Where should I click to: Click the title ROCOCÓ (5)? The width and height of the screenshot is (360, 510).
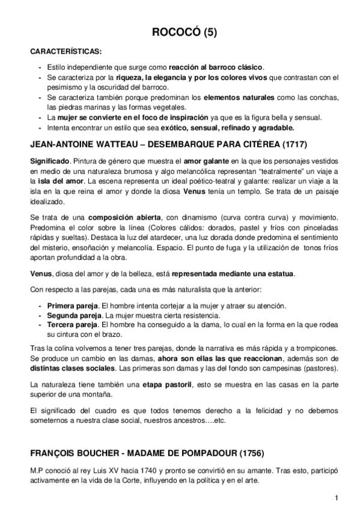[x=180, y=34]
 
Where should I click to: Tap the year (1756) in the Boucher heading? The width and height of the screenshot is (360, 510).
[x=246, y=452]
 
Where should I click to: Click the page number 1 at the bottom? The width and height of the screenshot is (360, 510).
[x=337, y=497]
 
